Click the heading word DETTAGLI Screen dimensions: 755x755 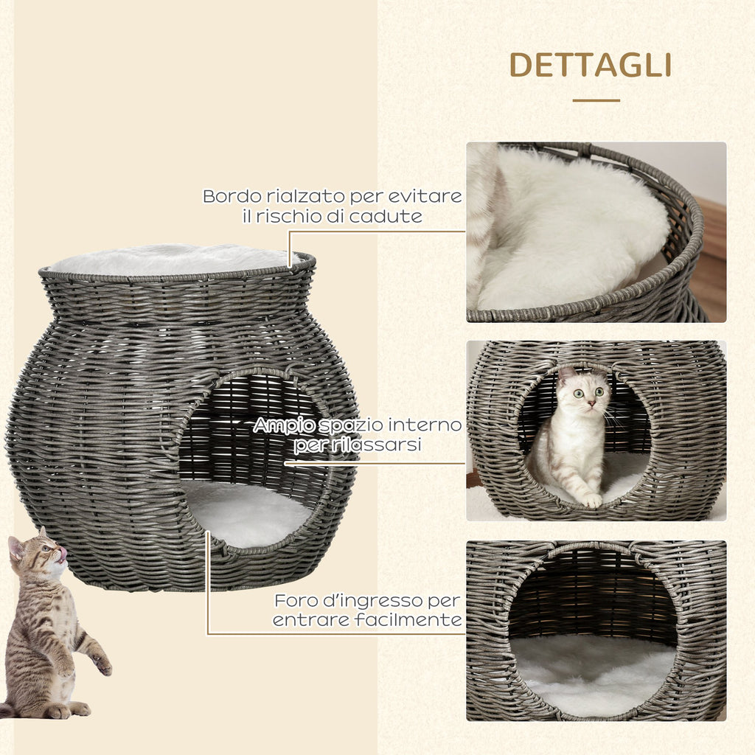[591, 65]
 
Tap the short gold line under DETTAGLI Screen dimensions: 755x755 [596, 100]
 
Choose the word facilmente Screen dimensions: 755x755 [414, 619]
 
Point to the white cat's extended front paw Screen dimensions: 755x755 [591, 501]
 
